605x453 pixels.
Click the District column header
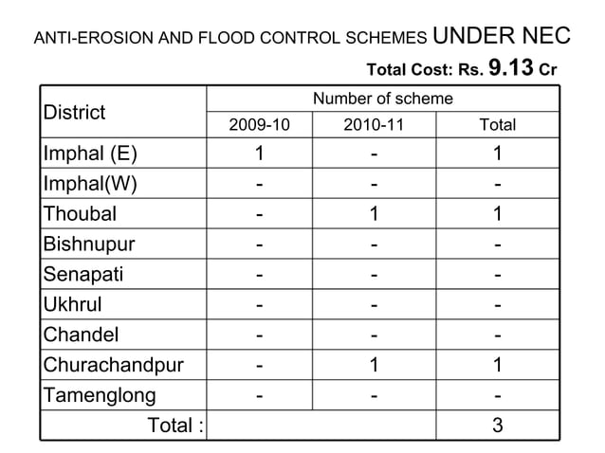tap(74, 113)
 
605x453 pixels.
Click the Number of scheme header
tap(383, 99)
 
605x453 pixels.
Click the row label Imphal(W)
tap(88, 184)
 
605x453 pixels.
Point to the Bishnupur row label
tap(89, 245)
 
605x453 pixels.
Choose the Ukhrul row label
tap(73, 305)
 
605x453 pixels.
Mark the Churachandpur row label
tap(113, 366)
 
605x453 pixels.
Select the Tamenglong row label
tap(99, 396)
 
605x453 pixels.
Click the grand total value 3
tap(498, 426)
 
